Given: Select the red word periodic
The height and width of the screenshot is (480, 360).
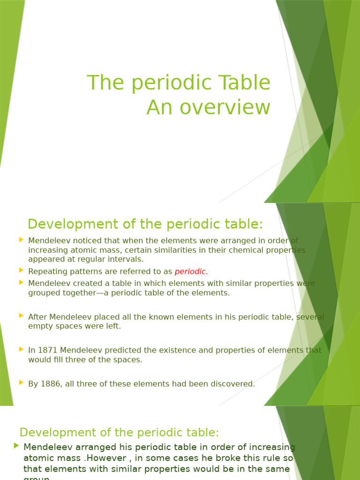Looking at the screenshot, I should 191,271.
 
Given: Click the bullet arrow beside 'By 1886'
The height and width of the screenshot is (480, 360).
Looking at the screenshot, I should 21,382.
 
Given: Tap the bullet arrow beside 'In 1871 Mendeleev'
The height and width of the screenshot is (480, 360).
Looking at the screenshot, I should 21,349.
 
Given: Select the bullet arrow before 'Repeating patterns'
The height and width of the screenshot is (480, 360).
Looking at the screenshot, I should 21,270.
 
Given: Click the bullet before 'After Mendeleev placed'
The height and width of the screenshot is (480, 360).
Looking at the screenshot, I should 21,315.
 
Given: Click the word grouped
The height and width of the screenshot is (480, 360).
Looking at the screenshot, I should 43,293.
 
